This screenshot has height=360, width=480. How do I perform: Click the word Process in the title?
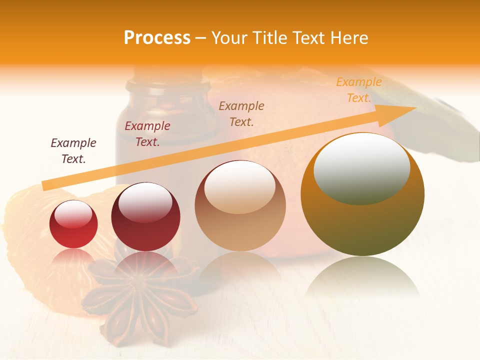157,37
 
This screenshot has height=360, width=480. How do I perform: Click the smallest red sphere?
73,224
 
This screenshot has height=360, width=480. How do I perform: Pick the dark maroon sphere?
145,217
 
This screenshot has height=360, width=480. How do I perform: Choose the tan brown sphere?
240,205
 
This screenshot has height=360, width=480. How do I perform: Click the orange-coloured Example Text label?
358,90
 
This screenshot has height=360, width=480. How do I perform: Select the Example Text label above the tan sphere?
241,113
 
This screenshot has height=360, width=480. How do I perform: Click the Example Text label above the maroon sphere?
147,134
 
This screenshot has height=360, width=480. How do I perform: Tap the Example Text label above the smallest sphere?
73,150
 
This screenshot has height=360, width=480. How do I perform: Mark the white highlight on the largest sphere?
361,168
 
